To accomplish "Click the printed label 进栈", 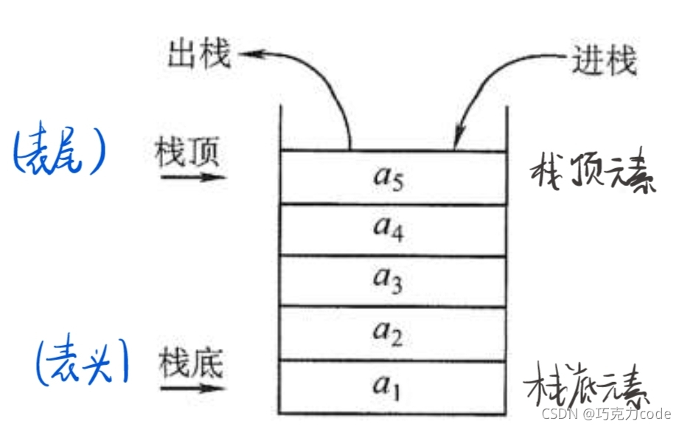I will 604,60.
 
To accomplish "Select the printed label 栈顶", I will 187,154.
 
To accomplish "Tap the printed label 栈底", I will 190,363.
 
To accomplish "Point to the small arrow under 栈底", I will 193,386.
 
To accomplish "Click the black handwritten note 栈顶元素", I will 593,174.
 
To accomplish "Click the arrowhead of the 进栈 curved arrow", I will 459,136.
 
